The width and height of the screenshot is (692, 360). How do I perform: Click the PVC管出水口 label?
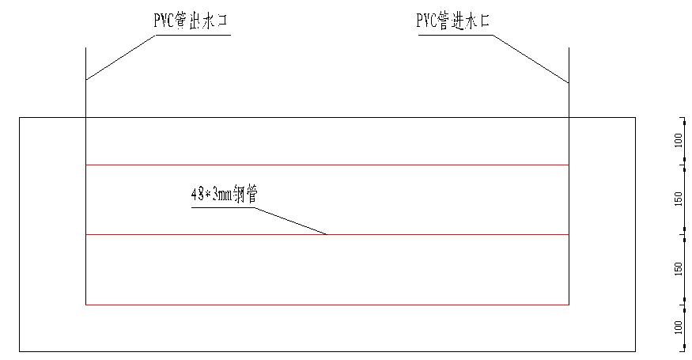coord(191,21)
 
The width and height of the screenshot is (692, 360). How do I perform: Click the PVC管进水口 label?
coord(453,21)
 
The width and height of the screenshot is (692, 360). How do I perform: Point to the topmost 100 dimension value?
coord(678,141)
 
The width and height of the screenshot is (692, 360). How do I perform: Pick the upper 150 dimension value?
coord(678,199)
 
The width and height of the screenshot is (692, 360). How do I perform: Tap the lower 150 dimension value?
coord(678,269)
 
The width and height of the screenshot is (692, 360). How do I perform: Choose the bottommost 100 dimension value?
coord(678,327)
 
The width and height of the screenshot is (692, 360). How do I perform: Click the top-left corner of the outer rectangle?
coord(19,118)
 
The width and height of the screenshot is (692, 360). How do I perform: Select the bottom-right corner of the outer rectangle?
coord(636,351)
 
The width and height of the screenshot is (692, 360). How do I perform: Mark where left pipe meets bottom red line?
coord(85,304)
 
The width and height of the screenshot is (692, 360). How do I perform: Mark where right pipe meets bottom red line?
coord(569,304)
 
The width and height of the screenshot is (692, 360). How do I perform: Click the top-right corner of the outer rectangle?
coord(636,118)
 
